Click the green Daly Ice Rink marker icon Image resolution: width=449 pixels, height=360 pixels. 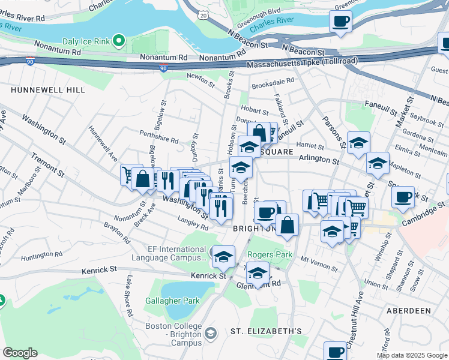[119, 41]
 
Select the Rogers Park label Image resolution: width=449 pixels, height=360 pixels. [270, 254]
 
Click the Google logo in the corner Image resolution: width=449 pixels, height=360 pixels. [20, 353]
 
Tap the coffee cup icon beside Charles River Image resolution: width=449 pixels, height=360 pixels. [340, 22]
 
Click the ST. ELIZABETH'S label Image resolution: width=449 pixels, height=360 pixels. [266, 331]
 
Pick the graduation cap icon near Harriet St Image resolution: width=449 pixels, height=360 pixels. [358, 143]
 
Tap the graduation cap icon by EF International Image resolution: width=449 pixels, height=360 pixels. [223, 257]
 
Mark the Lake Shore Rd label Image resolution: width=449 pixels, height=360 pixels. [128, 296]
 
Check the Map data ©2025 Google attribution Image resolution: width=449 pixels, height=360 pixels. [412, 355]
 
